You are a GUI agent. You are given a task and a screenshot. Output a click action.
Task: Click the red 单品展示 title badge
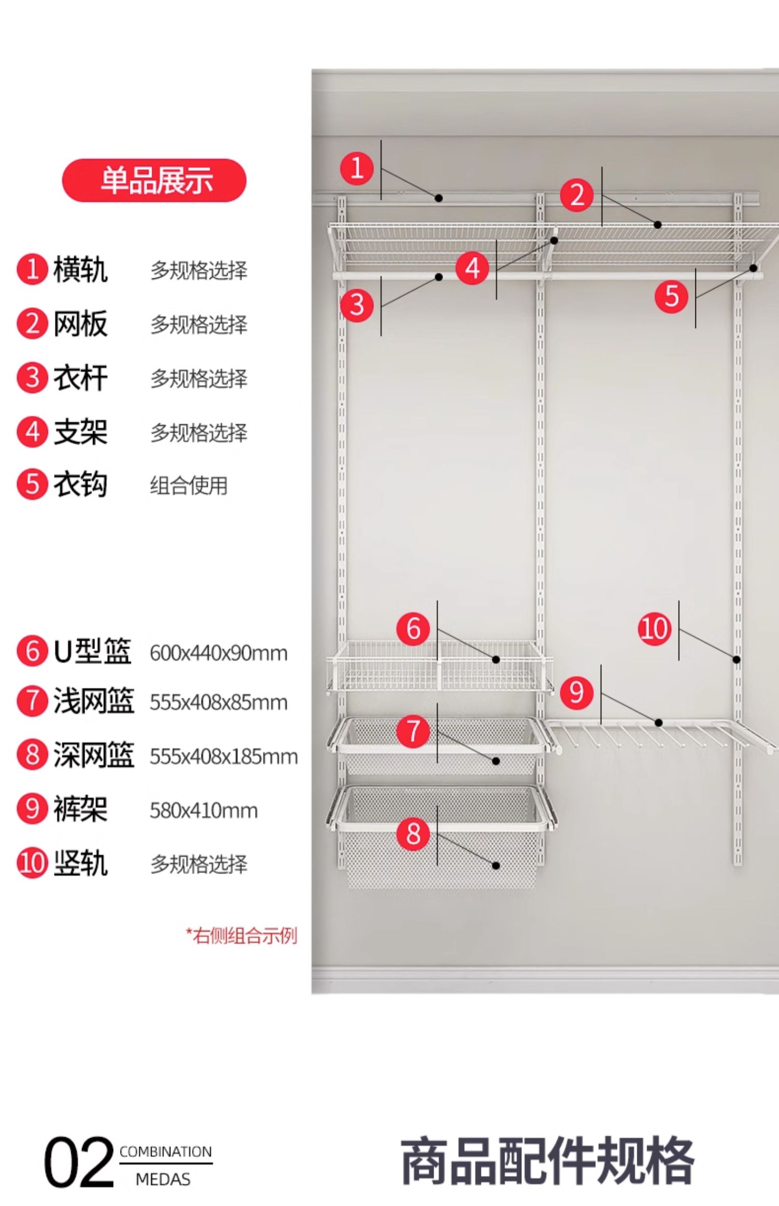[x=154, y=180]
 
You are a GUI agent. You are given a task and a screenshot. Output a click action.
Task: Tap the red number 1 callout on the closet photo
[x=357, y=168]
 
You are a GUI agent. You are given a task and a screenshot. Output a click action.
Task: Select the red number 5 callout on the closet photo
[x=671, y=297]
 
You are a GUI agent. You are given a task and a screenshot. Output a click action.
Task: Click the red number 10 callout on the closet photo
[x=654, y=628]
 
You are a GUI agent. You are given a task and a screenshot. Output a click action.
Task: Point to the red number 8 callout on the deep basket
[x=413, y=834]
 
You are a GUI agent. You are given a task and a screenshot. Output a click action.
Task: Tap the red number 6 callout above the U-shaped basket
[x=413, y=628]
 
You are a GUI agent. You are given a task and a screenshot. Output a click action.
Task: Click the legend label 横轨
[x=80, y=270]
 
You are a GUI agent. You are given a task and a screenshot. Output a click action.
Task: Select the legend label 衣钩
[x=80, y=485]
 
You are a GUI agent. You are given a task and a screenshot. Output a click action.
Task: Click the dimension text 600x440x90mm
[x=218, y=653]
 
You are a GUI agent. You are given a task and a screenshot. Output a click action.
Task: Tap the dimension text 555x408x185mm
[x=223, y=757]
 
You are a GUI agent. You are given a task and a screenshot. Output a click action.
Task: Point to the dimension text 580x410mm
[x=204, y=811]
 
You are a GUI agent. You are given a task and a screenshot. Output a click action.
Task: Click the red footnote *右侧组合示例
[x=241, y=935]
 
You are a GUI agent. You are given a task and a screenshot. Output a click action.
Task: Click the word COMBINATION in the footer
[x=166, y=1151]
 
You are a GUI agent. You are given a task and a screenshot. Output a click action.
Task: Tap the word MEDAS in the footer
[x=163, y=1179]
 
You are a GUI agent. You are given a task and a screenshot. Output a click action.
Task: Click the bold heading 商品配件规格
[x=547, y=1161]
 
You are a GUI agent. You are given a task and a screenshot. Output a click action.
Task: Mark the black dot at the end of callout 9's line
[x=659, y=722]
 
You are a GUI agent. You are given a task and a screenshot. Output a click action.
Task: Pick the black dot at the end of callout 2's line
[x=657, y=225]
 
